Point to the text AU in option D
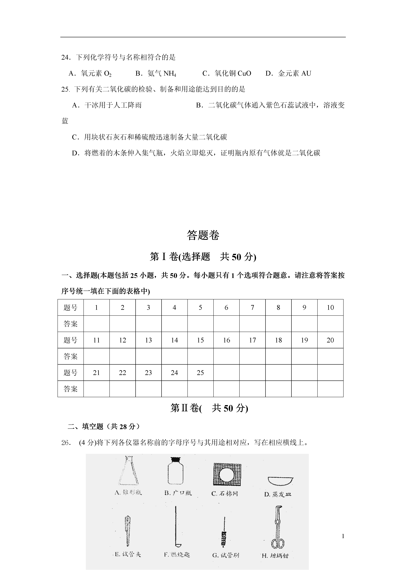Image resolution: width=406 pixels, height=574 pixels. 306,73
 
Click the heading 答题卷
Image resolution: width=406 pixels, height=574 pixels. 203,235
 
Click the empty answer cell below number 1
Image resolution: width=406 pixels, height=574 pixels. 97,324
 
